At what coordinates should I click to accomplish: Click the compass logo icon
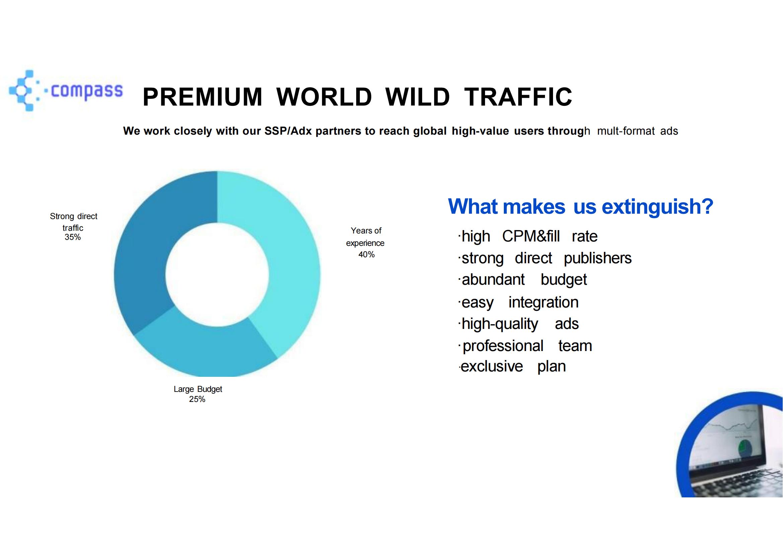23,90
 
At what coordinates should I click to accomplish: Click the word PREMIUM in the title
203,97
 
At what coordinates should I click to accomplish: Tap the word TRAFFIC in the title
518,97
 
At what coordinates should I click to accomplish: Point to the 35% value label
73,237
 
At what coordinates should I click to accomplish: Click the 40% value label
366,255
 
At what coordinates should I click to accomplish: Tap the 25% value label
197,399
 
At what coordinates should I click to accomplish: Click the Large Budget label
198,389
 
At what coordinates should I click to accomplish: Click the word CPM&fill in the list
531,236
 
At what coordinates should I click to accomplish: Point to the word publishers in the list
598,259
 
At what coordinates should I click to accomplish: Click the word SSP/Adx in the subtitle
288,131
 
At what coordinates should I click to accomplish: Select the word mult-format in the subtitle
626,131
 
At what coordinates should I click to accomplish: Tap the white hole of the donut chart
217,275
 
